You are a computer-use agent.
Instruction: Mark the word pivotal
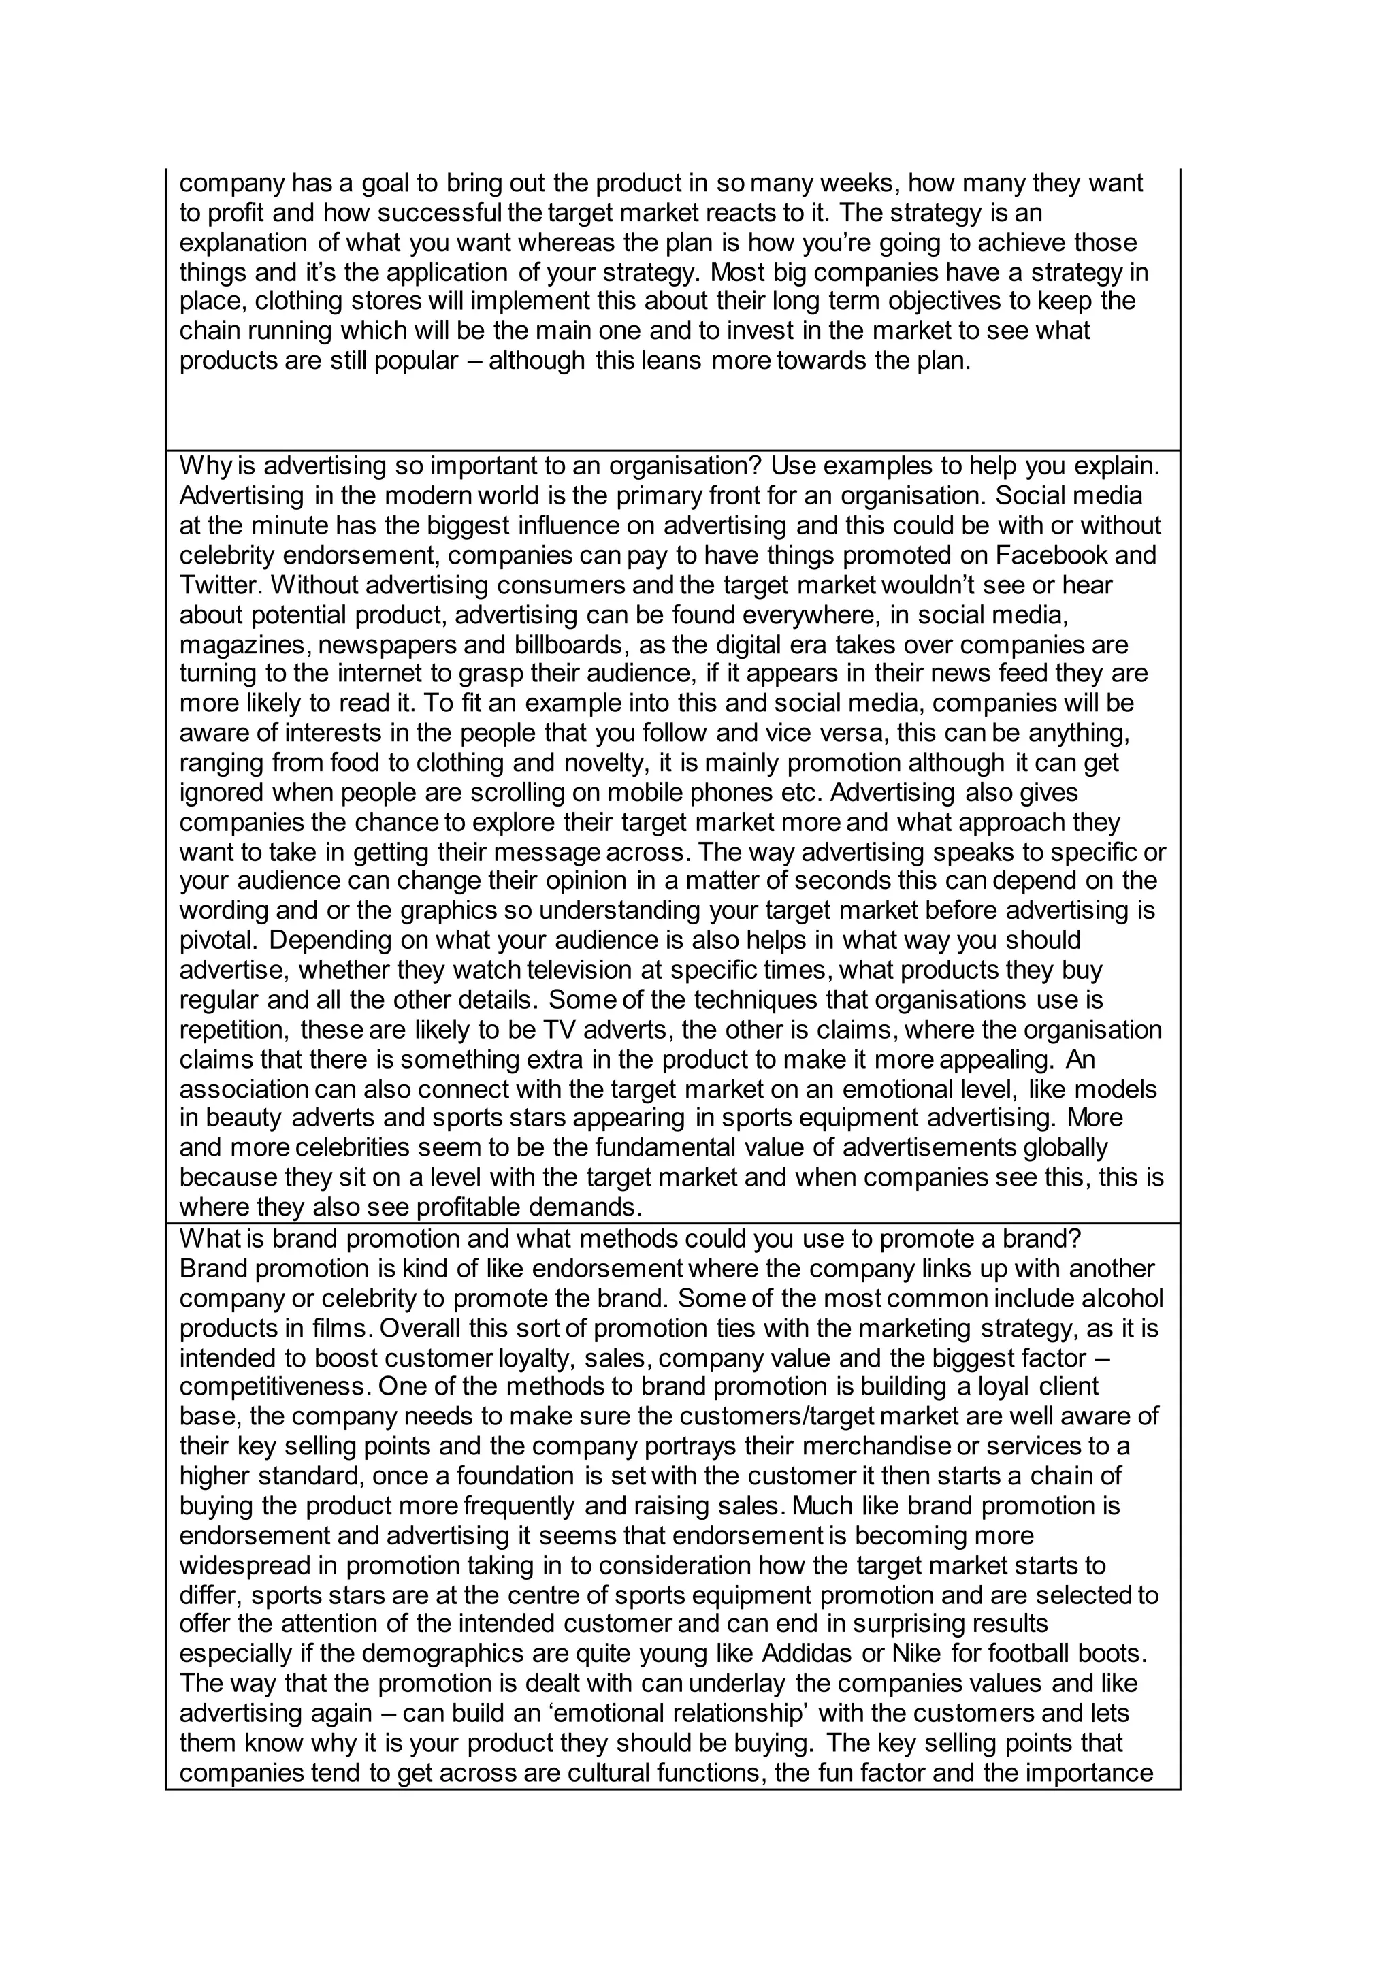[x=219, y=940]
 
